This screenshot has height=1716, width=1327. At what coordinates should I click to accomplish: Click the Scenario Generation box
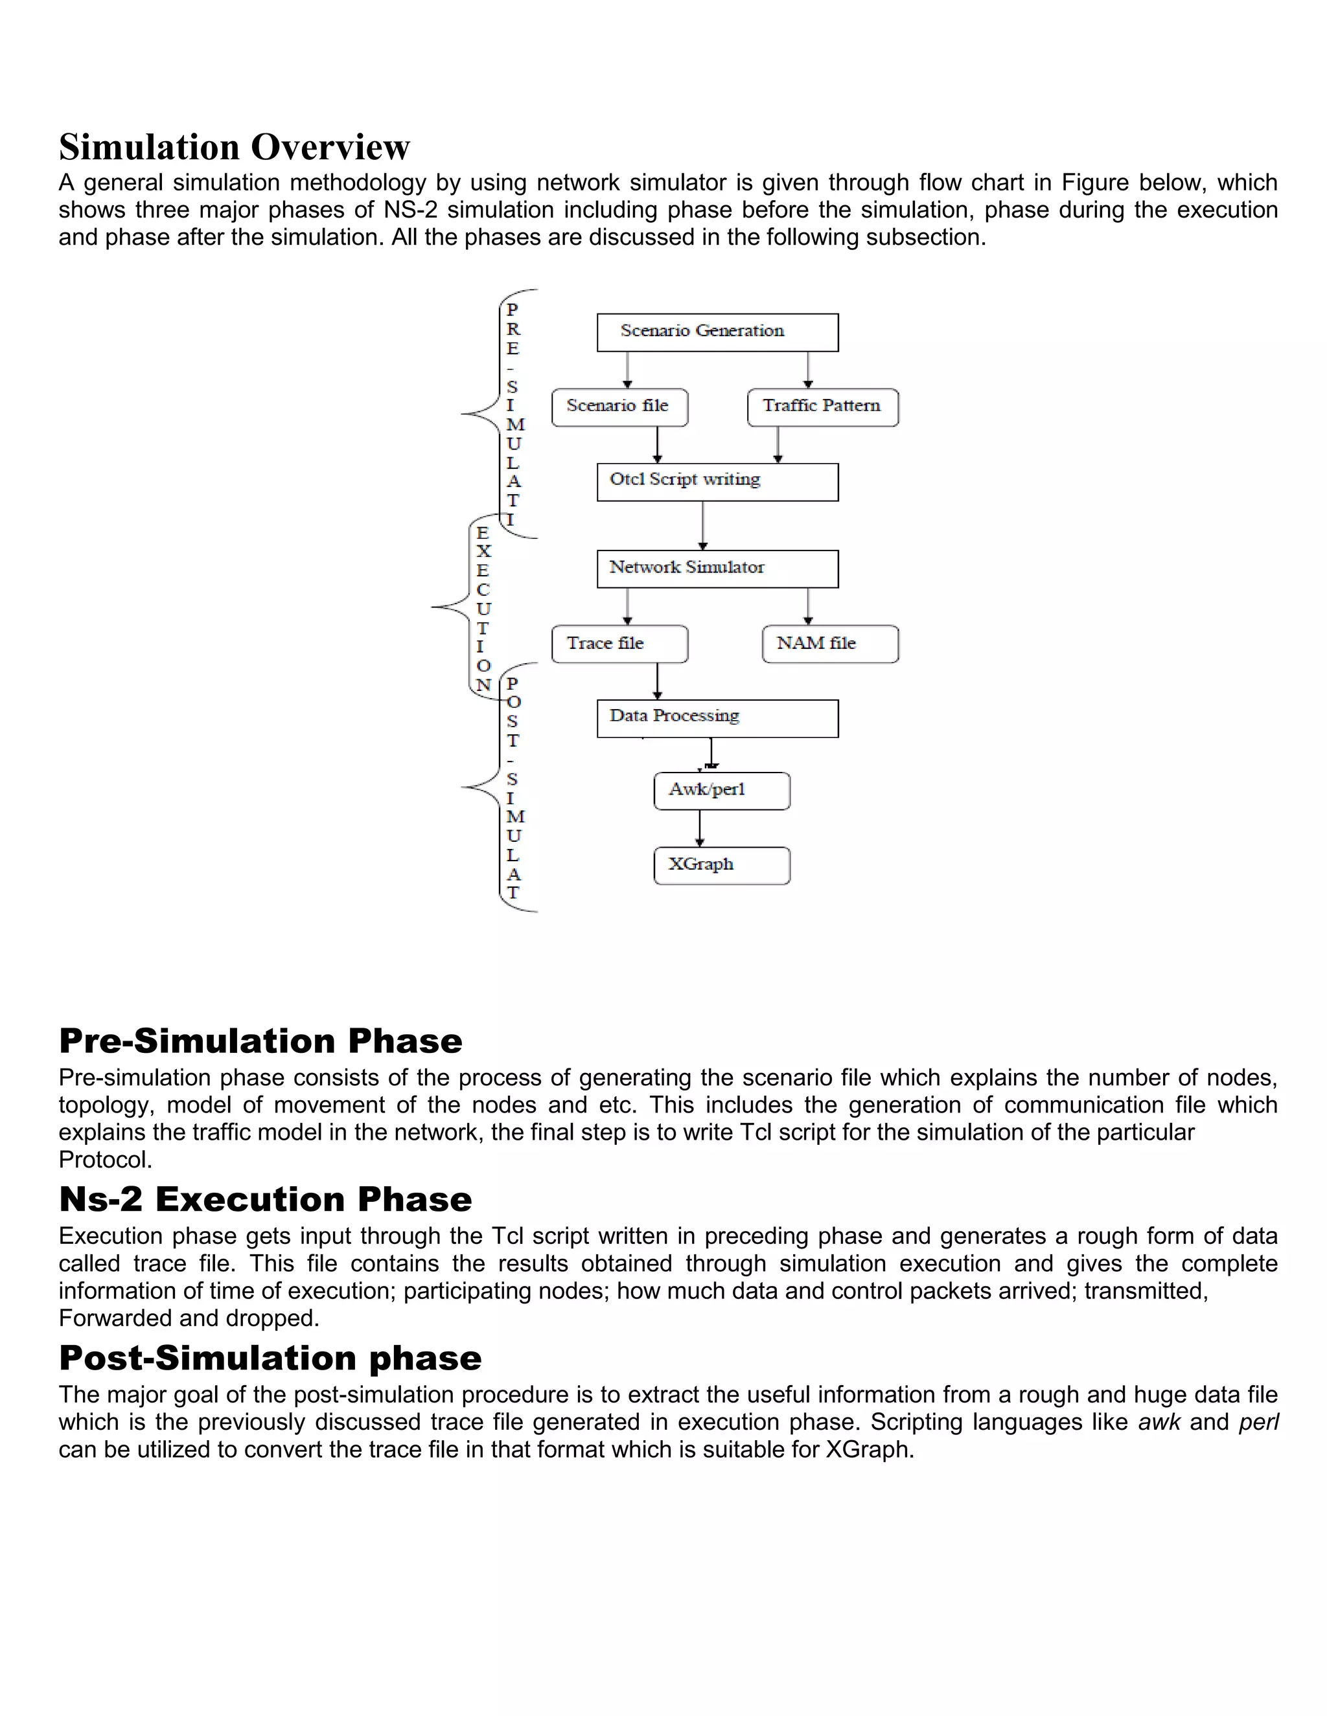point(717,332)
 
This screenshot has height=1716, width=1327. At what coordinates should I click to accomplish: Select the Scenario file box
point(619,407)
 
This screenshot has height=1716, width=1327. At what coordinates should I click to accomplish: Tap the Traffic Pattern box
point(822,407)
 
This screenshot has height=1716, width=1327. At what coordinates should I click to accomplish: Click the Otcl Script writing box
point(717,482)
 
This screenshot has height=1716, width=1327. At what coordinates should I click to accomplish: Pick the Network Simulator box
point(717,568)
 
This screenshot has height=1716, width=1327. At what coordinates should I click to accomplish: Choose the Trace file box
point(619,644)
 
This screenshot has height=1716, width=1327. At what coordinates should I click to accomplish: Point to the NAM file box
point(830,644)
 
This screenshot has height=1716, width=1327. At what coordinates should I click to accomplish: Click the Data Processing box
point(717,718)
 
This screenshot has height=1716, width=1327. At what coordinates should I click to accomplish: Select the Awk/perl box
point(722,791)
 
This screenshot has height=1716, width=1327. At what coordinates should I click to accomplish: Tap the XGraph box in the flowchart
point(722,865)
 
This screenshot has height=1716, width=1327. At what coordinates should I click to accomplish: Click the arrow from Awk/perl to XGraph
point(700,828)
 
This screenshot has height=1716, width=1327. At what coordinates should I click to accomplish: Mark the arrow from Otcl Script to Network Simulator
point(703,525)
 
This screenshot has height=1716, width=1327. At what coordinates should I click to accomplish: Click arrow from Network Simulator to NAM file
point(808,606)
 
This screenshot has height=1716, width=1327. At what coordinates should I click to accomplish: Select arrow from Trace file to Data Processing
point(657,681)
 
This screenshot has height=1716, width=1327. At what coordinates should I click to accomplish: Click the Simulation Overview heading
point(235,147)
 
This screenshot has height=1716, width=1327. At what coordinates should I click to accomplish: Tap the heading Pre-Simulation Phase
point(260,1041)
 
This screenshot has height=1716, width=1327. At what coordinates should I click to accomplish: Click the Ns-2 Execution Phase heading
point(265,1199)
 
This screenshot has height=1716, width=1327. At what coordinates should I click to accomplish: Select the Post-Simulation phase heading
point(270,1358)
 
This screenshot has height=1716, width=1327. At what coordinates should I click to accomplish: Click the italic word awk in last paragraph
point(1159,1422)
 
